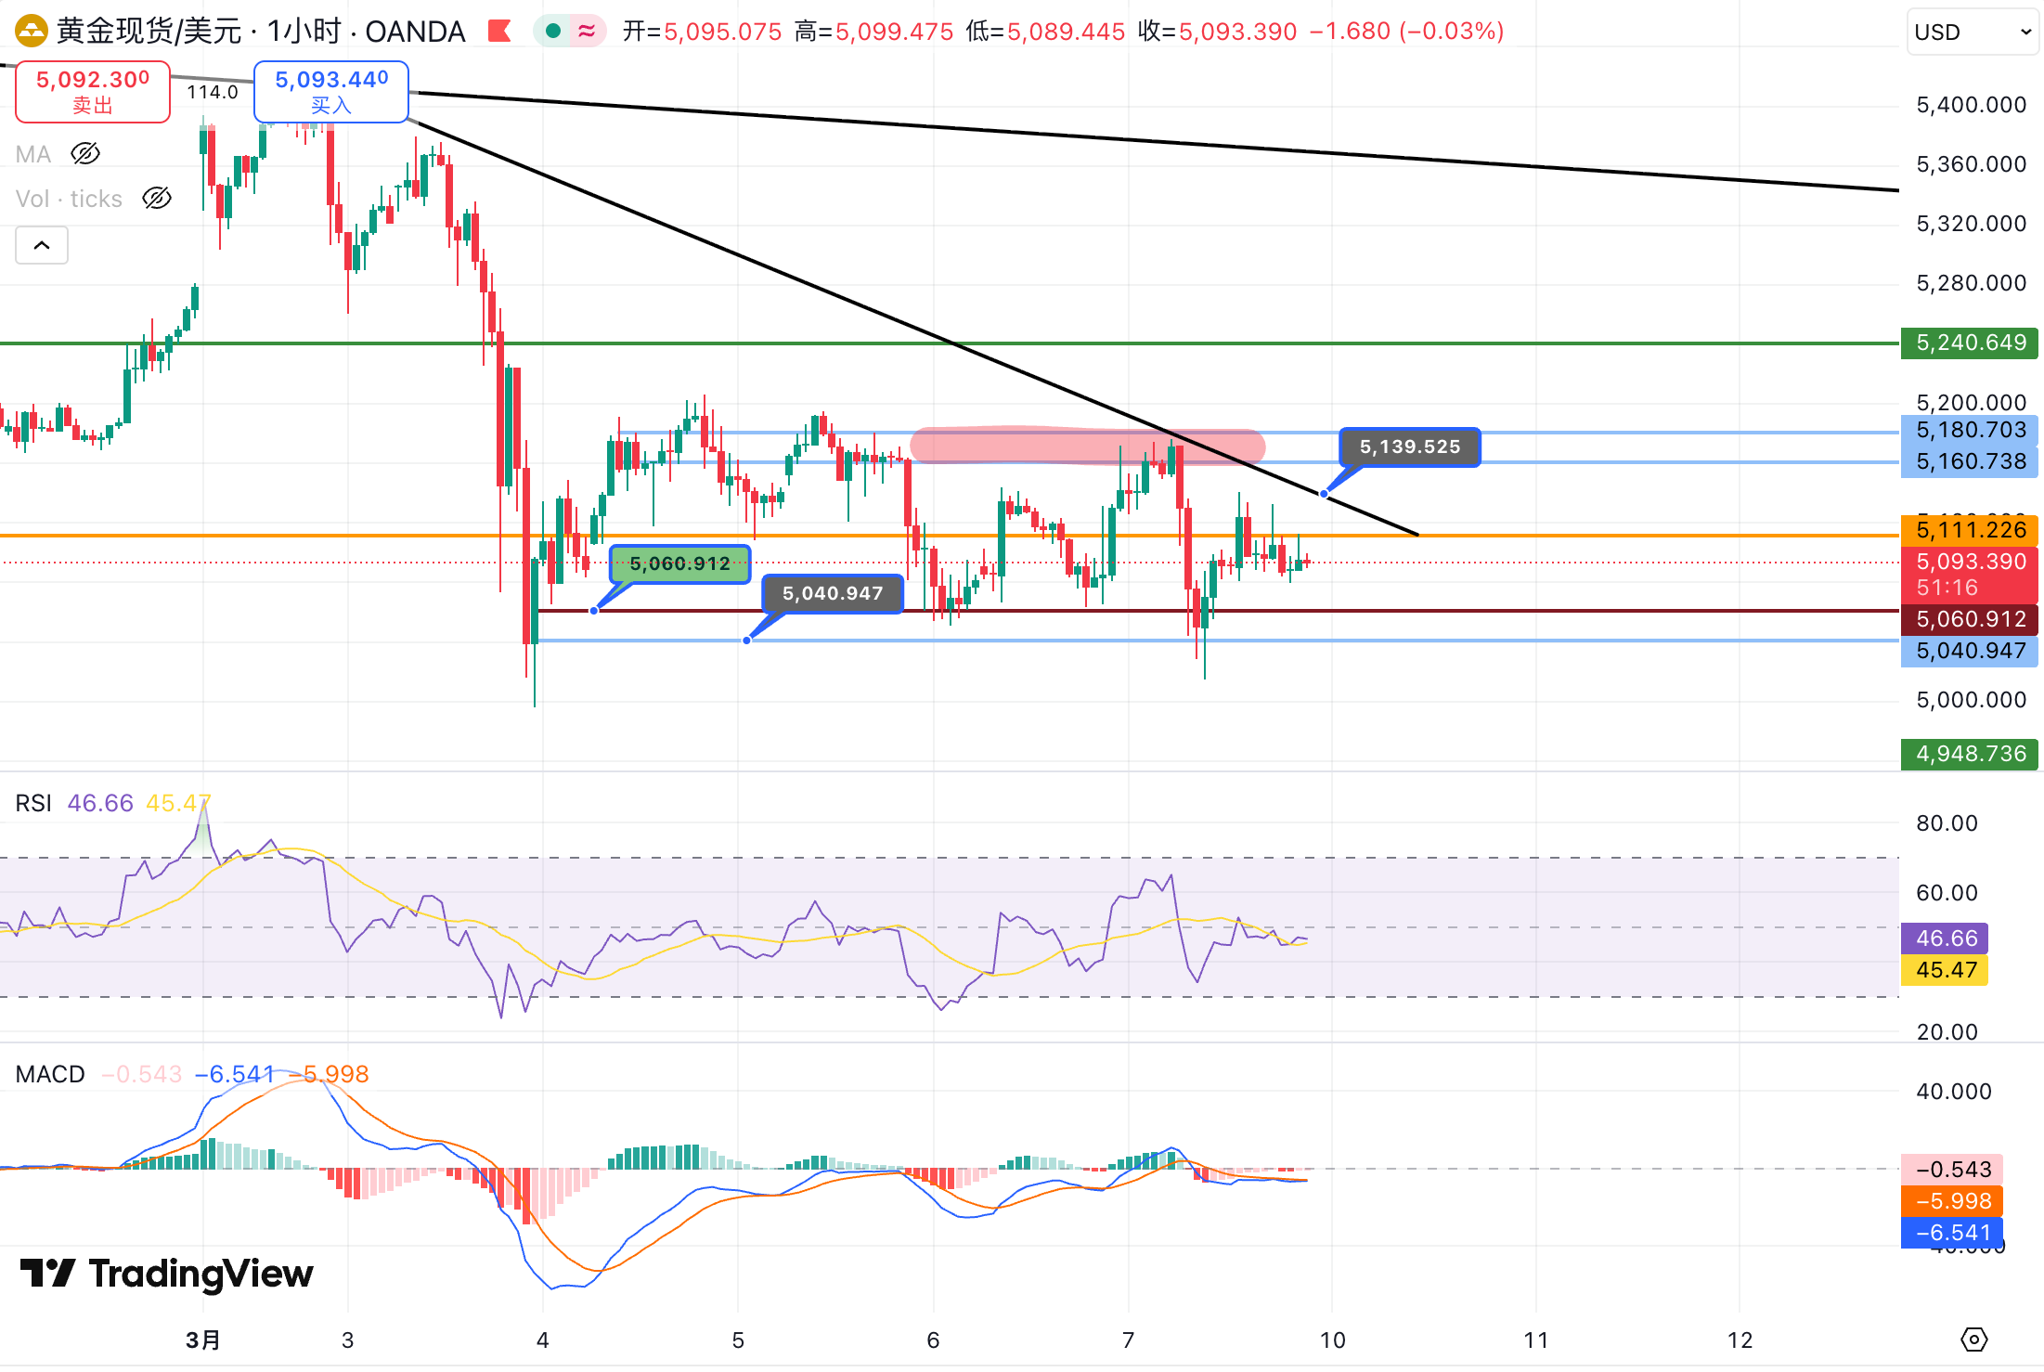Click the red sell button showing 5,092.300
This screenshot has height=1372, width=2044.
coord(93,91)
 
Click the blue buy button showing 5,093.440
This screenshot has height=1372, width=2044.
coord(331,91)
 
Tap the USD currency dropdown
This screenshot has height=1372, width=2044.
coord(1972,32)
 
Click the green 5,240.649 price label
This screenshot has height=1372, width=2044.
coord(1970,343)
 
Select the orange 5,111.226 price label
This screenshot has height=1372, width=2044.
coord(1970,530)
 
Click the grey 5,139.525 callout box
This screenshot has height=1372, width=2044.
coord(1409,447)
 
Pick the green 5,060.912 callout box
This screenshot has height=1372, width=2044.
coord(679,563)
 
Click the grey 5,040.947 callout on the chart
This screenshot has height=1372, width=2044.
coord(832,593)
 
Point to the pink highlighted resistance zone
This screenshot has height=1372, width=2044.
coord(1087,446)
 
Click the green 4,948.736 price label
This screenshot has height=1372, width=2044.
coord(1970,754)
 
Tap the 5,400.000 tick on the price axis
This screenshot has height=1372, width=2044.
coord(1971,105)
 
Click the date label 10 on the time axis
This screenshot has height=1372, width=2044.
coord(1332,1340)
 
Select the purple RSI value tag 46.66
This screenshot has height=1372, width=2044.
coord(1946,938)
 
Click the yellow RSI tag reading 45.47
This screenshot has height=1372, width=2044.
coord(1946,970)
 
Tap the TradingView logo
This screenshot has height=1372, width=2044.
coord(167,1274)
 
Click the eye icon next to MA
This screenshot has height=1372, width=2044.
coord(85,153)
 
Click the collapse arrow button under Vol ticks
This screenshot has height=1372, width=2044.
coord(42,245)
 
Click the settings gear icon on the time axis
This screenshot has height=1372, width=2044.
coord(1973,1340)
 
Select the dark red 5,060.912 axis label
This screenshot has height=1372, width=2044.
coord(1970,619)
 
